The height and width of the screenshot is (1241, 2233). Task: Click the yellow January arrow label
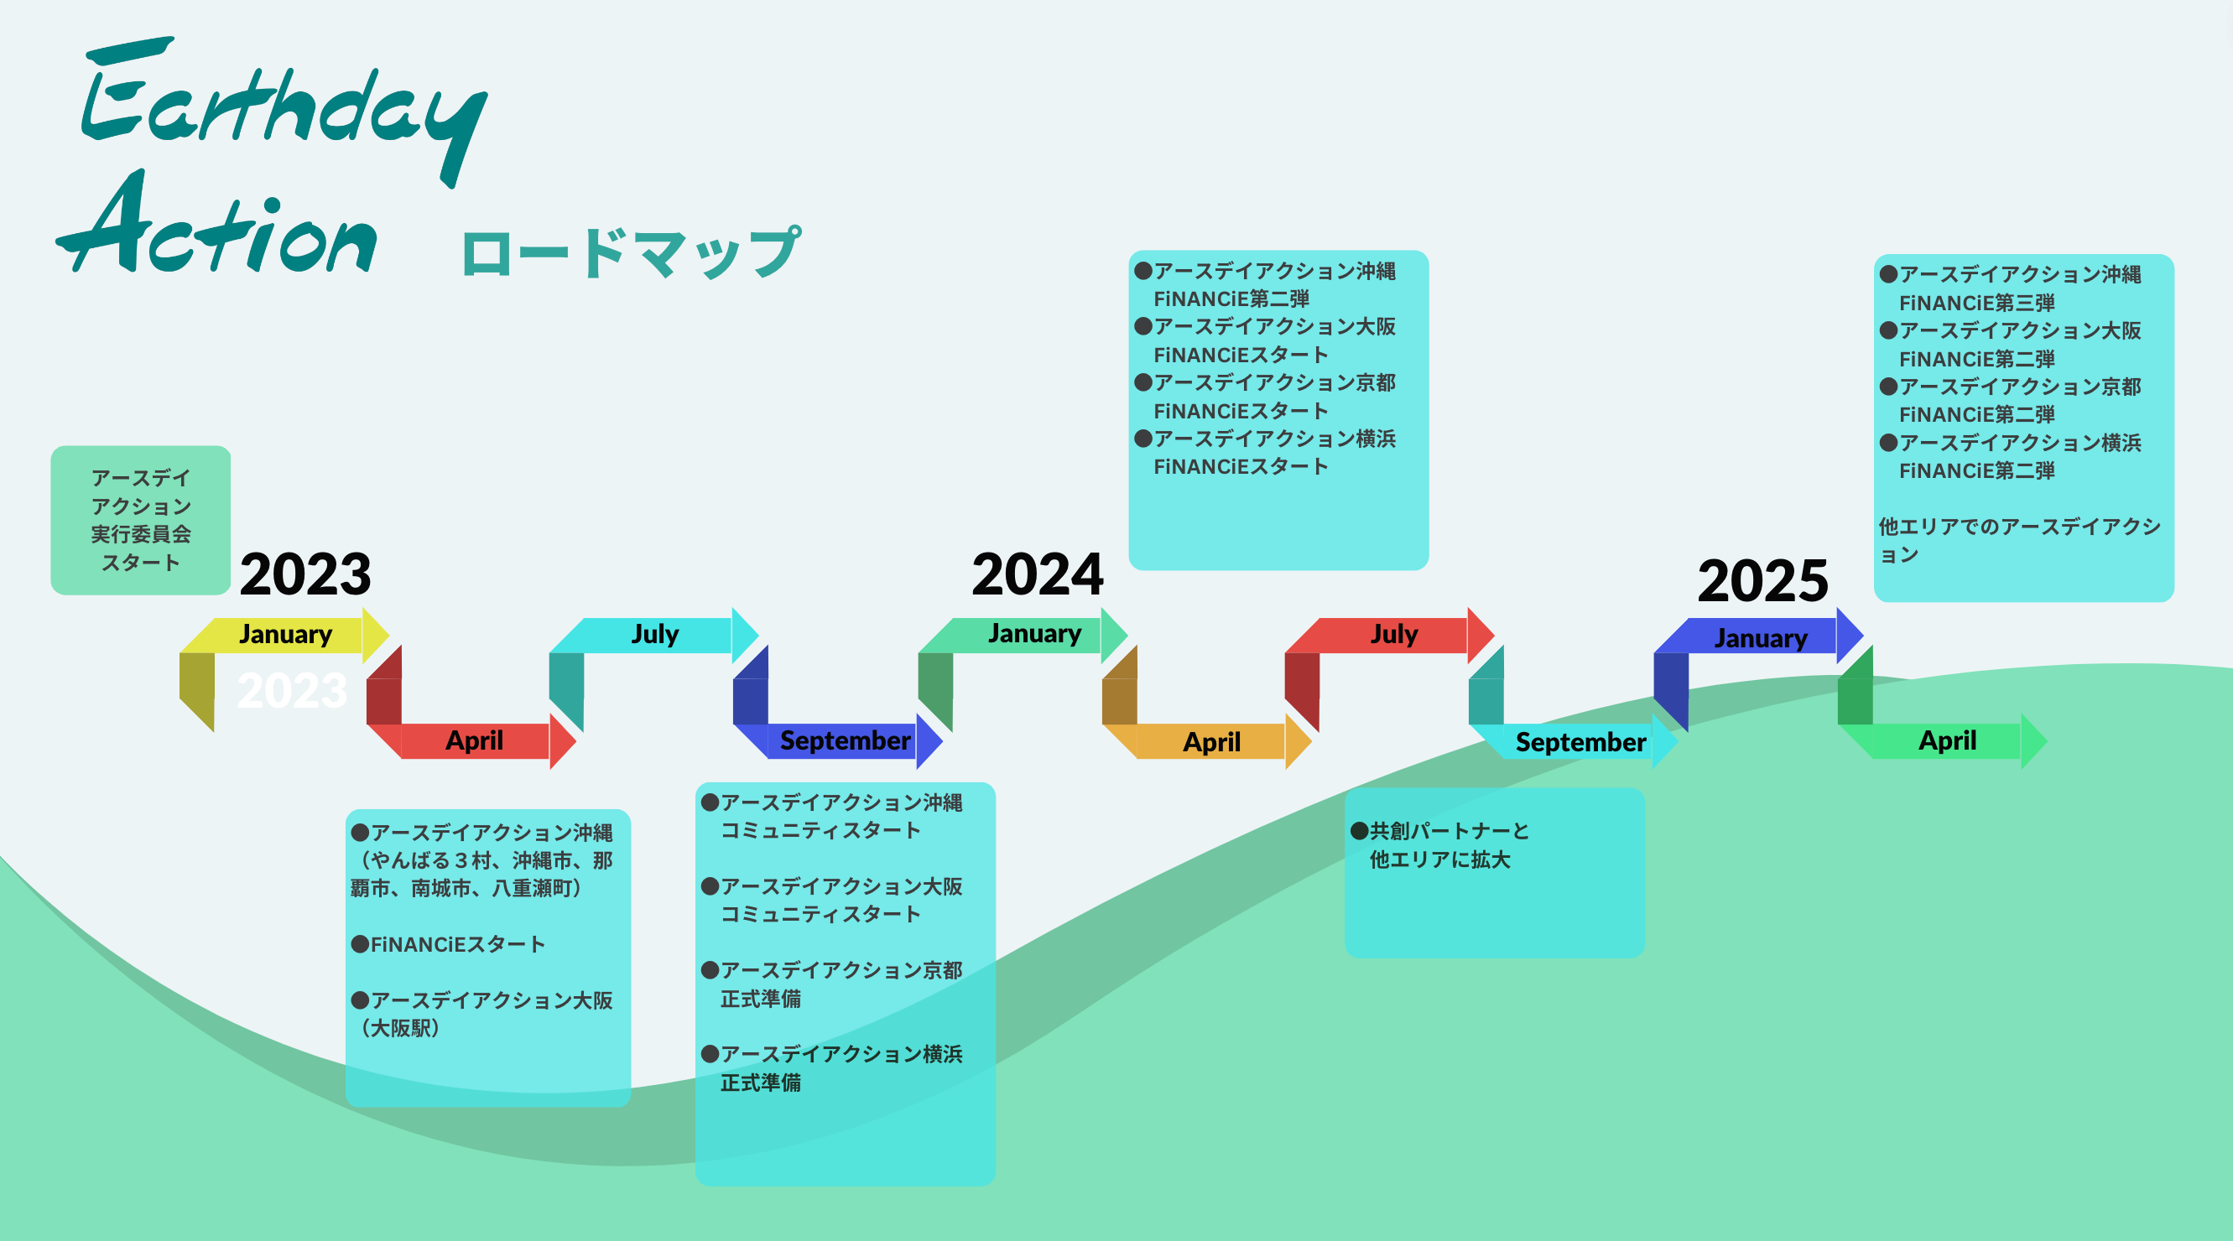pyautogui.click(x=285, y=635)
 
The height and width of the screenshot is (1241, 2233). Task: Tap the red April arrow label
pyautogui.click(x=474, y=741)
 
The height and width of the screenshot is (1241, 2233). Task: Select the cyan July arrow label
pyautogui.click(x=654, y=635)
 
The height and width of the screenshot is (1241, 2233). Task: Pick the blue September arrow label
pyautogui.click(x=845, y=741)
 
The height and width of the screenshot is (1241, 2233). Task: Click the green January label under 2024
pyautogui.click(x=1034, y=634)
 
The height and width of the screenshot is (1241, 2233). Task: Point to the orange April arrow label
pyautogui.click(x=1211, y=743)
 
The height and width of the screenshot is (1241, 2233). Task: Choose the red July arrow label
pyautogui.click(x=1393, y=635)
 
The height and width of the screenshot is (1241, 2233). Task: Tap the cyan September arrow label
pyautogui.click(x=1580, y=743)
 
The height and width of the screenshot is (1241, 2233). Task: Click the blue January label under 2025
pyautogui.click(x=1761, y=639)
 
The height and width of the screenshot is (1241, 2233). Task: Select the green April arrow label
pyautogui.click(x=1947, y=741)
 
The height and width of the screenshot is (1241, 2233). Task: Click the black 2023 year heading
pyautogui.click(x=305, y=574)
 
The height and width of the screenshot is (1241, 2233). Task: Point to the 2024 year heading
pyautogui.click(x=1037, y=574)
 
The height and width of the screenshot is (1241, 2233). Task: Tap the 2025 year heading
pyautogui.click(x=1762, y=580)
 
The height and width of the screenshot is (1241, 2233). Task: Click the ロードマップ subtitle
pyautogui.click(x=630, y=253)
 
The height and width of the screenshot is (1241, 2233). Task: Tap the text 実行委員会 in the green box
pyautogui.click(x=140, y=535)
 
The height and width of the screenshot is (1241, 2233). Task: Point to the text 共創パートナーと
pyautogui.click(x=1449, y=831)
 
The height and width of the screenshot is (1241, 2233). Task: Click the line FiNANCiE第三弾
pyautogui.click(x=1976, y=304)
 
